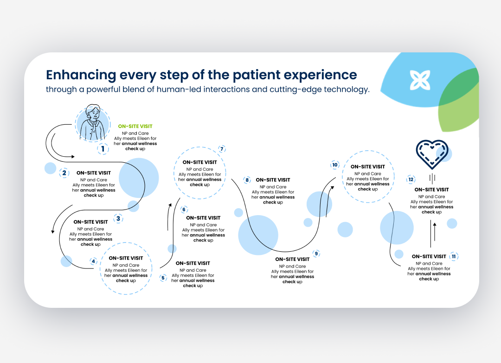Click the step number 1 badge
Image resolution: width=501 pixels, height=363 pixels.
[x=103, y=149]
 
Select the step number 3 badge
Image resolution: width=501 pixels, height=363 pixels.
[x=118, y=218]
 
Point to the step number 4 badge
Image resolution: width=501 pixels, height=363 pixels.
[x=93, y=261]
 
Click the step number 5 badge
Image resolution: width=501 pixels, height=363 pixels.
[x=163, y=278]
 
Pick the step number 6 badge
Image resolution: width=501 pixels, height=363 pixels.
[x=184, y=210]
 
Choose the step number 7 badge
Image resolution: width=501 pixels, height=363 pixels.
[x=222, y=149]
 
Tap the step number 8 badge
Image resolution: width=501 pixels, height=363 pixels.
[x=247, y=180]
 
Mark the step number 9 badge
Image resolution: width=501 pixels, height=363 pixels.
[x=316, y=254]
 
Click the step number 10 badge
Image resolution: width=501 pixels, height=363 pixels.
[x=334, y=165]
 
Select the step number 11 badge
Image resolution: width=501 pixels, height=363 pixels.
[x=454, y=256]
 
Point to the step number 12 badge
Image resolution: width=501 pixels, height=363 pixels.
[x=411, y=179]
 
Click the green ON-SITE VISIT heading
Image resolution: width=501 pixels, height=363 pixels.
[x=135, y=126]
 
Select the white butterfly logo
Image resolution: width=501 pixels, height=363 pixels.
[x=420, y=80]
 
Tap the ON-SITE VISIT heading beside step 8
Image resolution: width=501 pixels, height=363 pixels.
[x=273, y=180]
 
